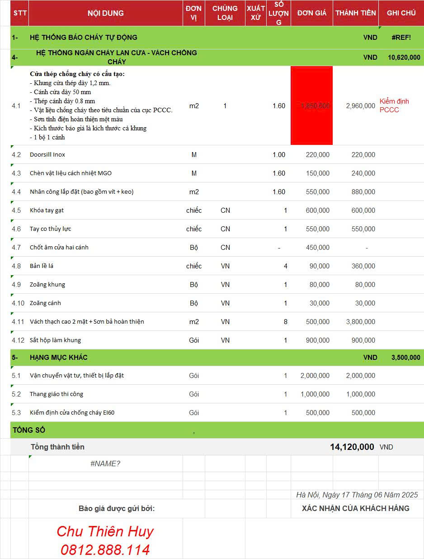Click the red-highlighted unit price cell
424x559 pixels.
(x=311, y=105)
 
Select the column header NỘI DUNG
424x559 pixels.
(x=106, y=13)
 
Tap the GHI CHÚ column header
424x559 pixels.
(x=401, y=13)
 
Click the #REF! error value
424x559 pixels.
(x=401, y=38)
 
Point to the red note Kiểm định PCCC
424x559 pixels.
(x=394, y=105)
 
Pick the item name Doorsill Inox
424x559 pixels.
(x=47, y=155)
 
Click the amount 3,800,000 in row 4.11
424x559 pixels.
(x=360, y=322)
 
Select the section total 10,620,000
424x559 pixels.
(x=404, y=57)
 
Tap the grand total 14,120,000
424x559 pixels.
(x=352, y=447)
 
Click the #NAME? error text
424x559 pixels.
(x=105, y=463)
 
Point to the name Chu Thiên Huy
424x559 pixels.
(x=105, y=531)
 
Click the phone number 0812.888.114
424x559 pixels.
(x=105, y=550)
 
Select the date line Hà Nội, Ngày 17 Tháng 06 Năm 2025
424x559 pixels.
(x=357, y=495)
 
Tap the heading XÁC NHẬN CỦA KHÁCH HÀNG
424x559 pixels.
(x=356, y=508)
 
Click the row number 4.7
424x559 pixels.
(x=16, y=248)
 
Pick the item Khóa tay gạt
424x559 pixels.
(x=47, y=210)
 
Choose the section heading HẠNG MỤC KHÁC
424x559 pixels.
(x=59, y=358)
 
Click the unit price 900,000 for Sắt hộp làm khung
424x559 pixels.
(x=317, y=340)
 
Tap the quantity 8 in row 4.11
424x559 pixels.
(x=285, y=322)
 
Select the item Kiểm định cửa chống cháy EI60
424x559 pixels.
(x=72, y=413)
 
